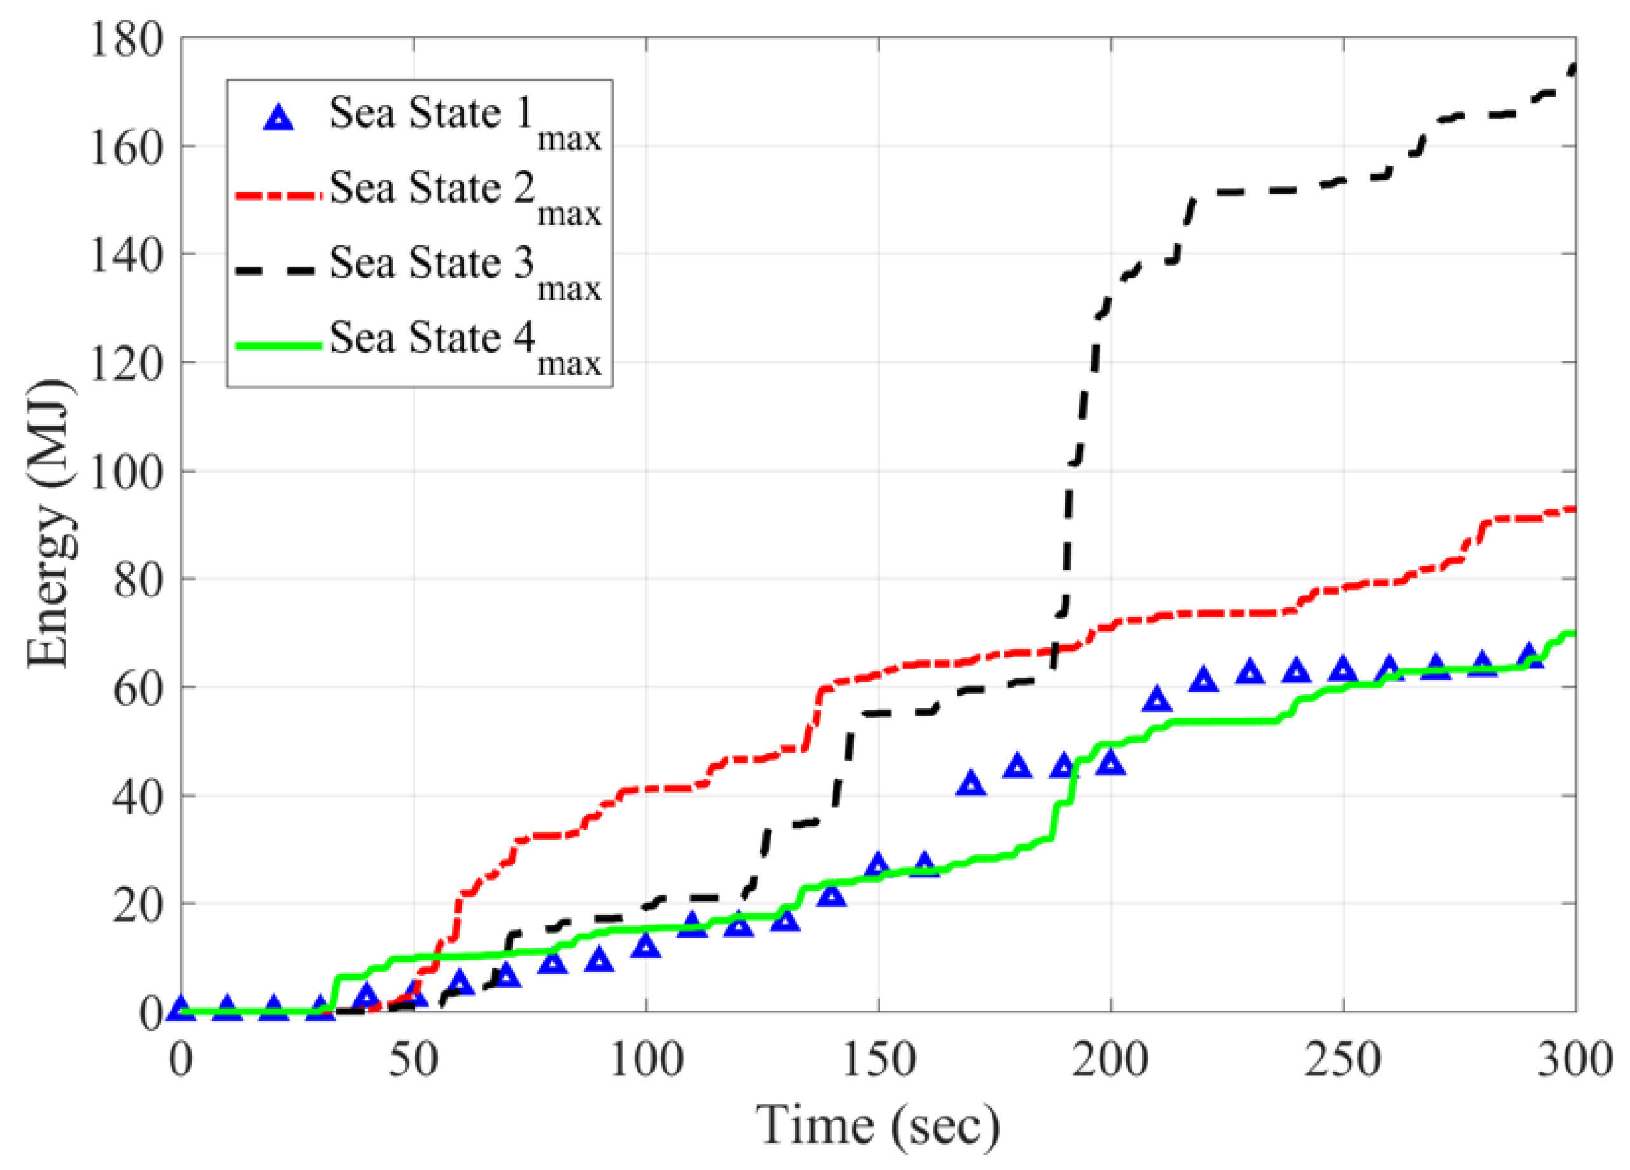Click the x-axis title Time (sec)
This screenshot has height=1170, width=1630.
(x=877, y=1126)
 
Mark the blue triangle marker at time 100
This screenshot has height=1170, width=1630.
(x=645, y=946)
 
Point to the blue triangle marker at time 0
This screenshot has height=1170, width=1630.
(x=181, y=1008)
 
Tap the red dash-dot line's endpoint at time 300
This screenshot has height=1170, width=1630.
(x=1574, y=509)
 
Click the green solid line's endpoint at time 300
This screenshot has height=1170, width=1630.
(x=1574, y=633)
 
